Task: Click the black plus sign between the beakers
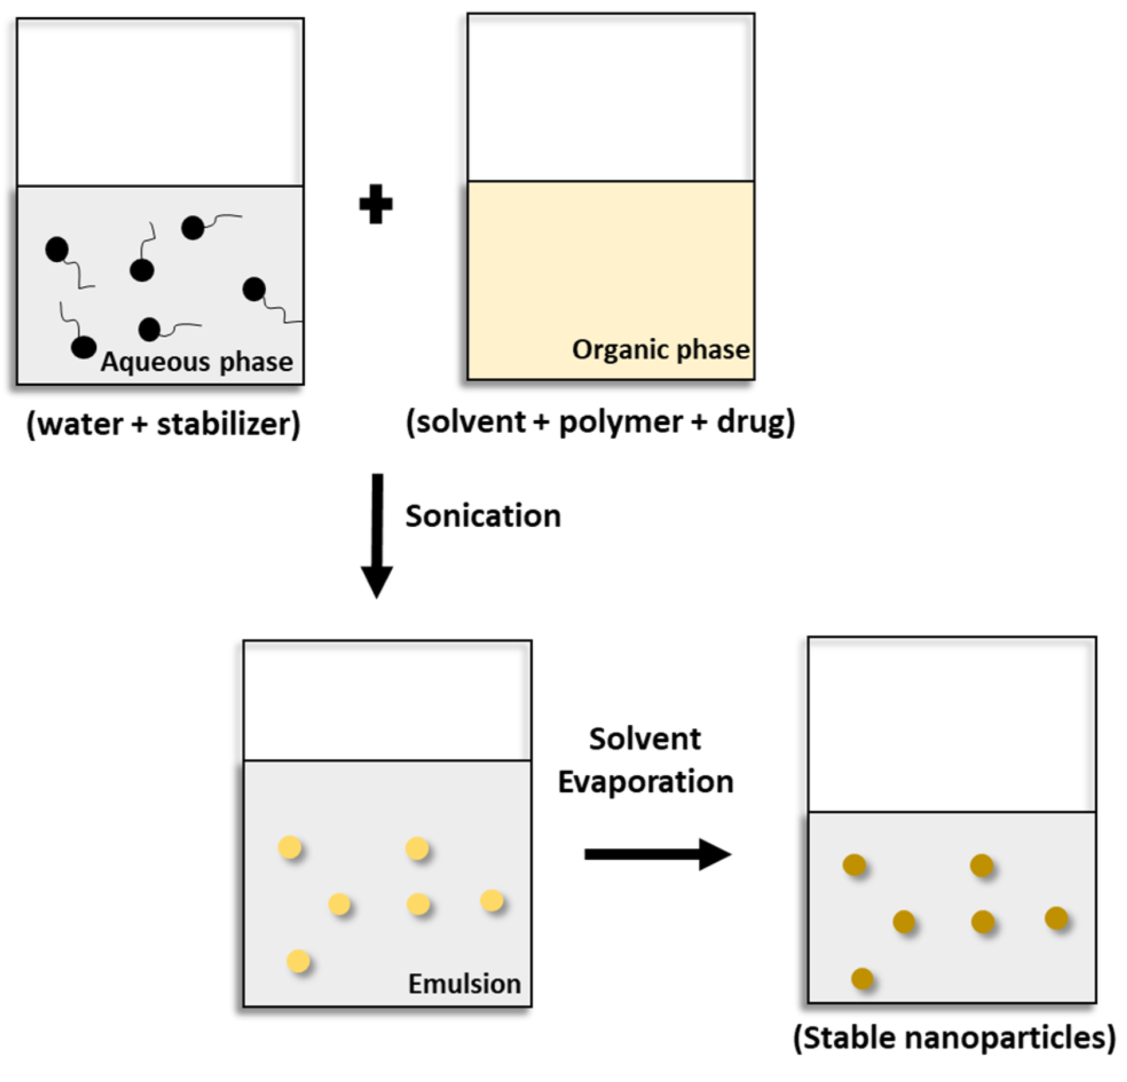point(376,204)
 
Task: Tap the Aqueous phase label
point(196,362)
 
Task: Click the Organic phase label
point(661,350)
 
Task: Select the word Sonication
point(483,516)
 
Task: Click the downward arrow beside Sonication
point(377,535)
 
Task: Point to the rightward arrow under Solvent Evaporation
point(657,854)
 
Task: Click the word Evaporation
point(646,782)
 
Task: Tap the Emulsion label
point(464,984)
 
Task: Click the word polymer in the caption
point(621,422)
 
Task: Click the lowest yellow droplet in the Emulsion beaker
point(298,961)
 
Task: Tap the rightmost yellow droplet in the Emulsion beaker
point(491,901)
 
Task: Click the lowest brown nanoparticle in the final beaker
point(862,978)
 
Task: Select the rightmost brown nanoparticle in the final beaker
point(1056,918)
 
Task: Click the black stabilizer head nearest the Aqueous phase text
point(84,347)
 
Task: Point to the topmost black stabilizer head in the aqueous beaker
point(192,228)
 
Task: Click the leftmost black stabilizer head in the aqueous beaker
point(57,250)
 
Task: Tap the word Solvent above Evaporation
point(645,739)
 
